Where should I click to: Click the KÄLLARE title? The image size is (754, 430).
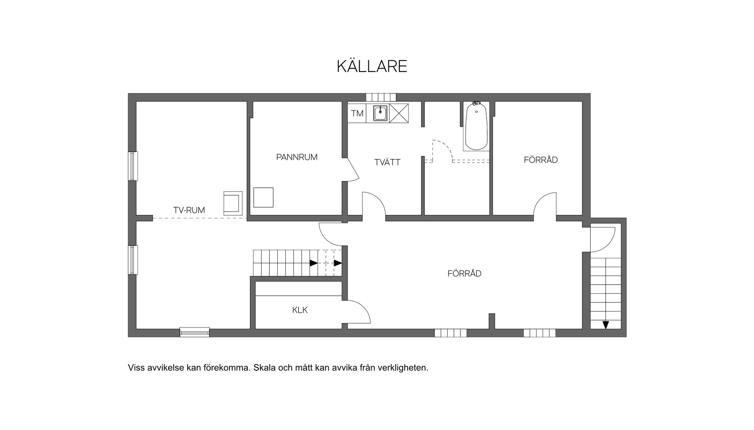coord(372,66)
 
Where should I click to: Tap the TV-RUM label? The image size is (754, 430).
coord(189,210)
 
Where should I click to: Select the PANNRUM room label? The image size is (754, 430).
coord(296,157)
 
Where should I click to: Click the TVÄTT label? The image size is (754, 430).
coord(387,162)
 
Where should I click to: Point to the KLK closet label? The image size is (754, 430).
coord(300,310)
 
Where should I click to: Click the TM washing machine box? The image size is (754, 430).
coord(357,113)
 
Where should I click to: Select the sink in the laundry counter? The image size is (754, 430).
coord(380,113)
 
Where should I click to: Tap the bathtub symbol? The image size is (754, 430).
coord(476,126)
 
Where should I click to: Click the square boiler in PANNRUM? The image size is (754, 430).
coord(263,198)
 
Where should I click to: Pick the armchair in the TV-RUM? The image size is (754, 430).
coord(232,203)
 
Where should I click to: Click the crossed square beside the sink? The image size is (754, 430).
coord(399,113)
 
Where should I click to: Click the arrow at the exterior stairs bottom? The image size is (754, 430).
coord(606,325)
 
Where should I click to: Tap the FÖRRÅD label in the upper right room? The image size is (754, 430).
coord(540,160)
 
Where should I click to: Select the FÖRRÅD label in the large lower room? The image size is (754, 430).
coord(464,274)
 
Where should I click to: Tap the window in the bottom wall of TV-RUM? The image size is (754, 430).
coord(194,332)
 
